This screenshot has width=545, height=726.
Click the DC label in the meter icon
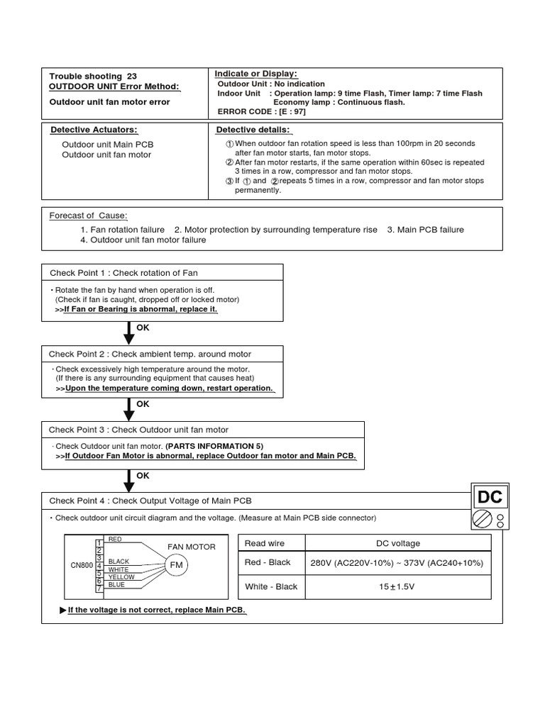click(x=490, y=498)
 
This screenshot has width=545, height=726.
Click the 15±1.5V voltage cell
click(x=397, y=586)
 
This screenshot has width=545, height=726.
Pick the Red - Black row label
click(x=268, y=562)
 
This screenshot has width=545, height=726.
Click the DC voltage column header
click(x=397, y=543)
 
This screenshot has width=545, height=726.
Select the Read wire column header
click(x=265, y=543)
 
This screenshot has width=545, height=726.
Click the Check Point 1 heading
click(x=123, y=273)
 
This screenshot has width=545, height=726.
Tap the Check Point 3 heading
click(x=138, y=430)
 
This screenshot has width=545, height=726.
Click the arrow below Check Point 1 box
click(x=129, y=332)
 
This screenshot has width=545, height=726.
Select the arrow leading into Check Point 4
click(x=129, y=480)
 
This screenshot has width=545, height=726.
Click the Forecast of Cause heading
click(x=88, y=216)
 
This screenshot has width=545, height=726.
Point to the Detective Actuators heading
click(x=94, y=130)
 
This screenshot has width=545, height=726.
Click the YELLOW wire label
click(x=121, y=577)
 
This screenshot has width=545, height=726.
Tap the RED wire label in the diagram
click(x=114, y=540)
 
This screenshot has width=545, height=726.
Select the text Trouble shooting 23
click(x=93, y=77)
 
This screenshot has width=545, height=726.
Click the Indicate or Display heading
click(x=255, y=74)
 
